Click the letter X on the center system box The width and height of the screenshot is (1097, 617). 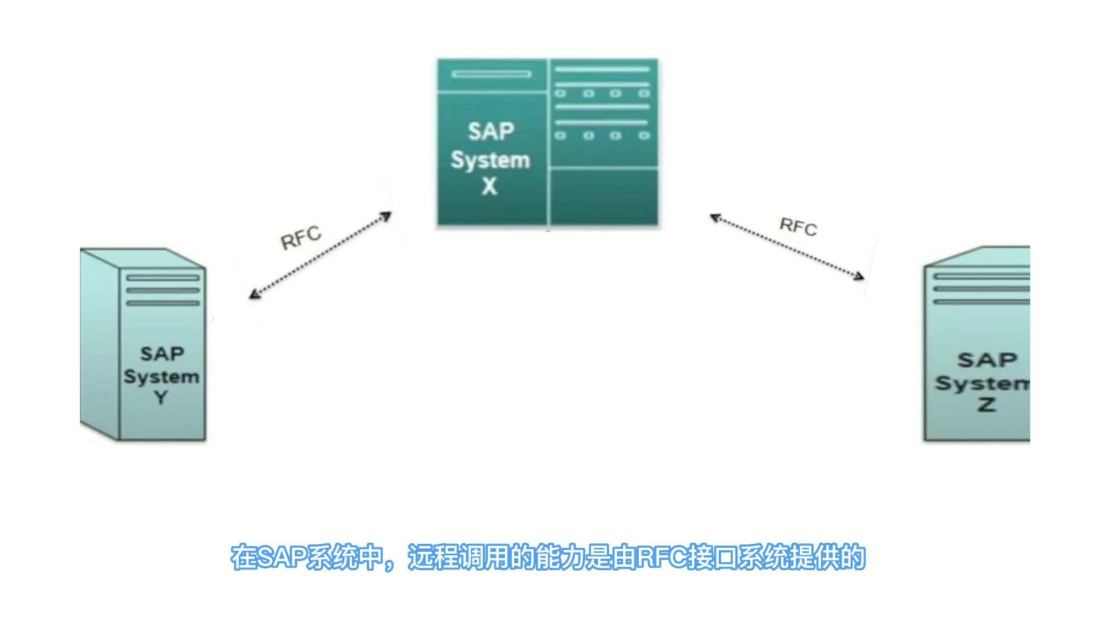point(490,187)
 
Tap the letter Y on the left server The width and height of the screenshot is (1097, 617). point(161,398)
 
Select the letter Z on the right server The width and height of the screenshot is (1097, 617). point(987,404)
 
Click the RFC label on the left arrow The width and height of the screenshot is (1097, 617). point(301,238)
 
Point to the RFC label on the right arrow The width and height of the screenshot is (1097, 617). point(798,227)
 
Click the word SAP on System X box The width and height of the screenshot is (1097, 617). point(491,132)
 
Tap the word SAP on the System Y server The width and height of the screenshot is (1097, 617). point(162,354)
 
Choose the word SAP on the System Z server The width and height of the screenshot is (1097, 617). point(987,360)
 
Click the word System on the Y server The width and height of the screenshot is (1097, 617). point(162,376)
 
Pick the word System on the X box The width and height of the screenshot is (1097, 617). point(490,160)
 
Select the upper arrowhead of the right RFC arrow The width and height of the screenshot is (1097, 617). point(714,218)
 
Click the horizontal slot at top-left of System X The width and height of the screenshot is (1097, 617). point(491,74)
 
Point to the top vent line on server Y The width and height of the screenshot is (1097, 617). point(163,278)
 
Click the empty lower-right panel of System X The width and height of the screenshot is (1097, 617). point(603,197)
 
